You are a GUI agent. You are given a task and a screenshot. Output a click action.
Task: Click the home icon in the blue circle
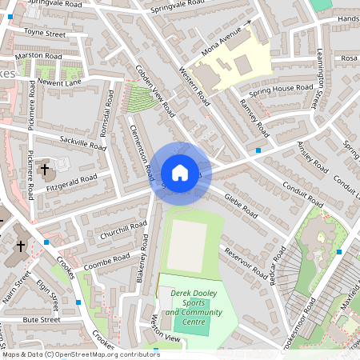click(x=180, y=172)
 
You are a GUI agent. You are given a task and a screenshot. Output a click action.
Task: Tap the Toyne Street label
click(x=45, y=34)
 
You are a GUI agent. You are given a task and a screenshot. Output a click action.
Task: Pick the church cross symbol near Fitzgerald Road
click(x=45, y=170)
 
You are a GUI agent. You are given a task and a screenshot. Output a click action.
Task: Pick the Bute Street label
click(x=42, y=319)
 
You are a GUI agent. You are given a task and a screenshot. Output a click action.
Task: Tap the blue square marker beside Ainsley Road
click(x=258, y=150)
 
